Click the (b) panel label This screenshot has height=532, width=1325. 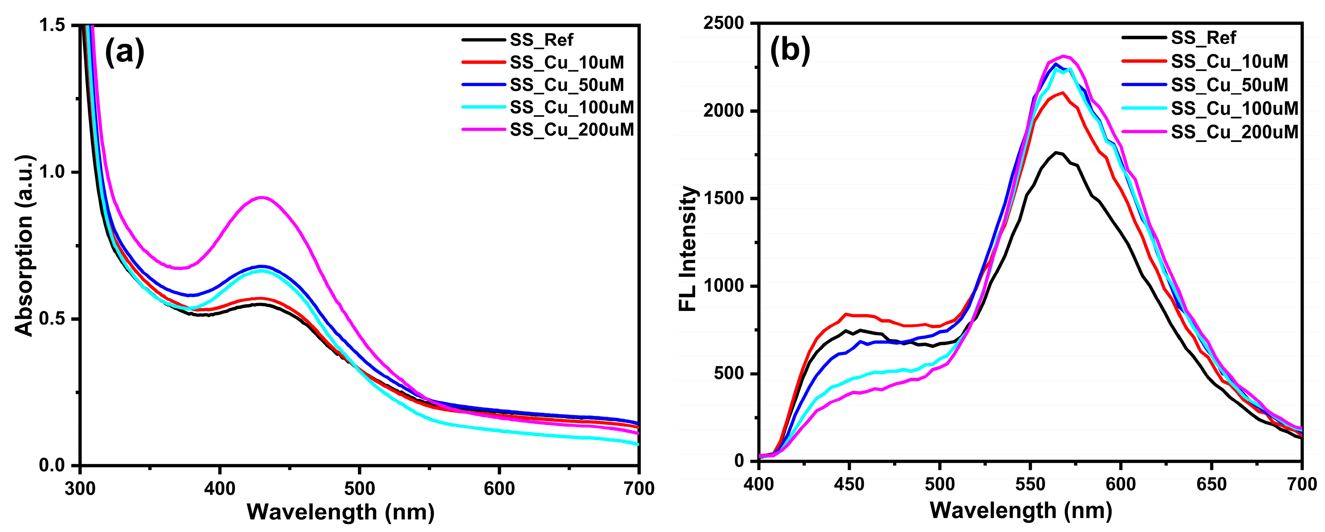point(790,50)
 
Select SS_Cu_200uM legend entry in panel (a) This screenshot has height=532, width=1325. point(571,129)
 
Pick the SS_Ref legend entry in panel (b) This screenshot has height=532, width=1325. point(1203,38)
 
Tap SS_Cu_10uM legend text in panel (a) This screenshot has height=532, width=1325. point(567,62)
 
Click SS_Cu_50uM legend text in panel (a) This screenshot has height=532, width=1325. point(567,85)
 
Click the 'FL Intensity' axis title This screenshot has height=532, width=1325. point(688,249)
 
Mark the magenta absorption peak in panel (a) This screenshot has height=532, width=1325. point(262,198)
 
